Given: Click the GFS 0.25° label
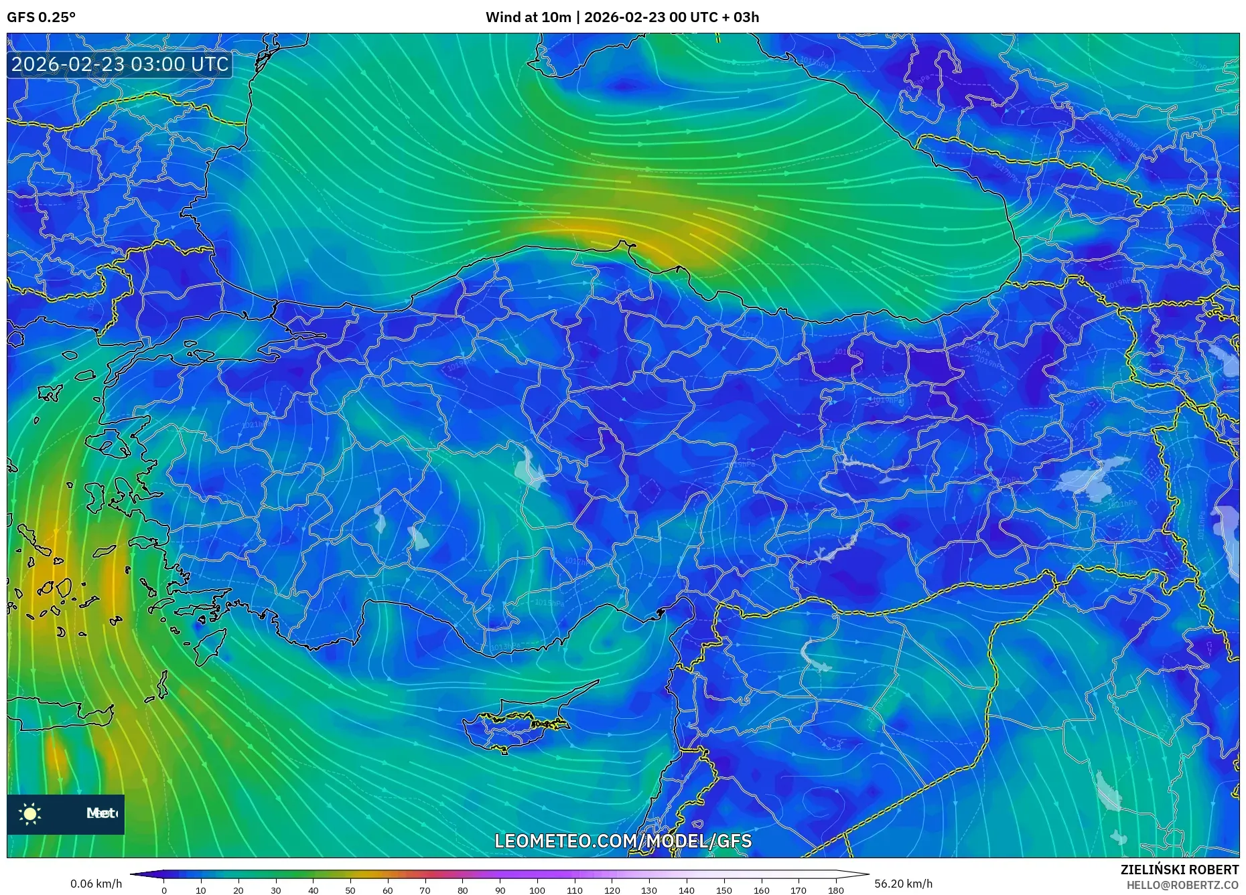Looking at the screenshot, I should [x=41, y=17].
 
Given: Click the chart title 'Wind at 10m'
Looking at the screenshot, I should [x=528, y=17].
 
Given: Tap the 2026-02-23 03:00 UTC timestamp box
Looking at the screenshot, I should [x=120, y=64].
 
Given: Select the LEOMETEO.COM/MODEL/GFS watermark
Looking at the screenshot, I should [x=623, y=841].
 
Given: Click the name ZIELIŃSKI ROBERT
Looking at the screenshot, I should [x=1179, y=870].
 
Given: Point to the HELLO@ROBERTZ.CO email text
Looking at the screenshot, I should [x=1182, y=885].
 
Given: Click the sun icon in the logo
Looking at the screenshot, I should [x=30, y=814].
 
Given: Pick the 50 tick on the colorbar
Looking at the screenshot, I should [x=350, y=890].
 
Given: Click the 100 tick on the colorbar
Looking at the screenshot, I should [x=537, y=890].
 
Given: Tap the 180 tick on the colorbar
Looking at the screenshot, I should [x=835, y=890].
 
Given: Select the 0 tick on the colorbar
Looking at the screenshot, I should [x=164, y=890].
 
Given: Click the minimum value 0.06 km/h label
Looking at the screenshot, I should [x=96, y=884].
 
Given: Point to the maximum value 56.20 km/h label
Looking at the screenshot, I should [x=903, y=884].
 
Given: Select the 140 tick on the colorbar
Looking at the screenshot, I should [x=686, y=890].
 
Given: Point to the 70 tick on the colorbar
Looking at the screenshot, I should [x=425, y=890].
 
